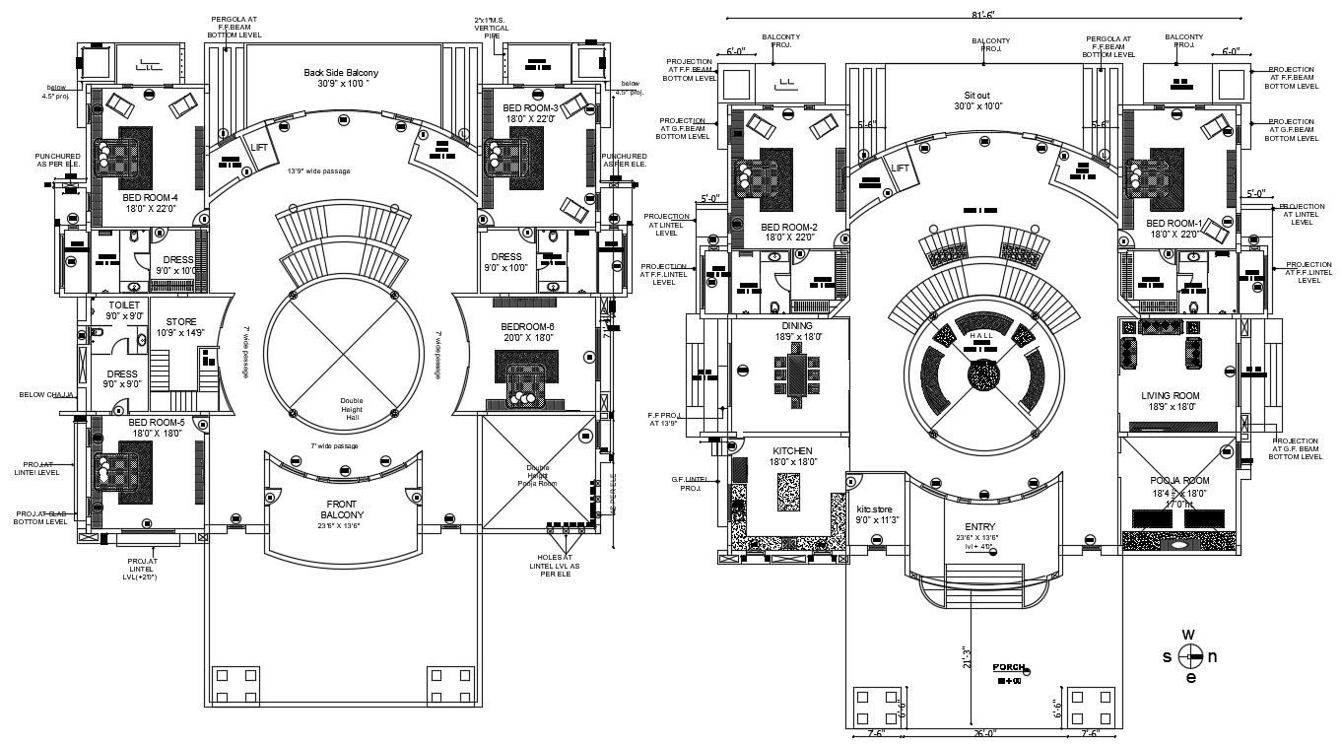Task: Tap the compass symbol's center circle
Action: coord(1190,656)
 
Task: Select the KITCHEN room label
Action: coord(791,450)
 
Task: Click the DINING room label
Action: coord(797,325)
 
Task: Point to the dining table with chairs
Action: coord(797,374)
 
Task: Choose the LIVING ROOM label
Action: coord(1169,395)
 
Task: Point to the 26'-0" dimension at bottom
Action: coord(983,733)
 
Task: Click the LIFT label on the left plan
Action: coord(260,147)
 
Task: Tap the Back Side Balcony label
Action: coord(341,73)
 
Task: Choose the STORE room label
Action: coord(181,321)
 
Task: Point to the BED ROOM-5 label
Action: coord(151,422)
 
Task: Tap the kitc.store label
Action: coord(878,509)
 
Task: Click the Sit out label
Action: coord(975,95)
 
